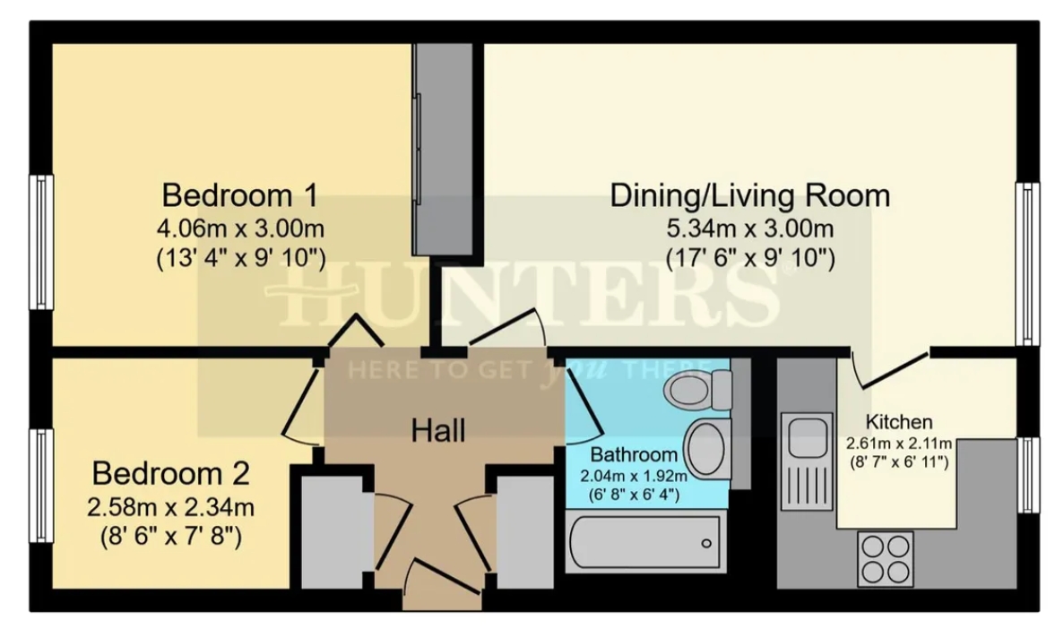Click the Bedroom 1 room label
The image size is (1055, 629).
click(x=239, y=195)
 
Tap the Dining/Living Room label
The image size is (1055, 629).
click(x=750, y=195)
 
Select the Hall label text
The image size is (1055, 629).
click(x=438, y=431)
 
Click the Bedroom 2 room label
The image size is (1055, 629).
click(x=171, y=474)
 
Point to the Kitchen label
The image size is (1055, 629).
click(x=899, y=422)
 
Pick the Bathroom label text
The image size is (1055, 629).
click(x=634, y=454)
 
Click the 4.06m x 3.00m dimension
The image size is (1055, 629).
click(x=240, y=228)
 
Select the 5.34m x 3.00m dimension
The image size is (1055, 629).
click(x=750, y=228)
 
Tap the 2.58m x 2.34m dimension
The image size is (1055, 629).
click(x=171, y=506)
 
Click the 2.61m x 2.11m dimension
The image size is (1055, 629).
click(x=899, y=444)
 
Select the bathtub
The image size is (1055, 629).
click(x=646, y=541)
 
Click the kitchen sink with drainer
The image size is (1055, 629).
click(x=806, y=459)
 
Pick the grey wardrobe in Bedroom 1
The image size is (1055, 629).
click(x=443, y=150)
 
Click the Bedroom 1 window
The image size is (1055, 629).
click(x=41, y=242)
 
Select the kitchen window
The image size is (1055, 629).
click(x=1028, y=475)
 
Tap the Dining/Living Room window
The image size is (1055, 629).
click(x=1028, y=263)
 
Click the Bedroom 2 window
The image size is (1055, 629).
click(x=41, y=485)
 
